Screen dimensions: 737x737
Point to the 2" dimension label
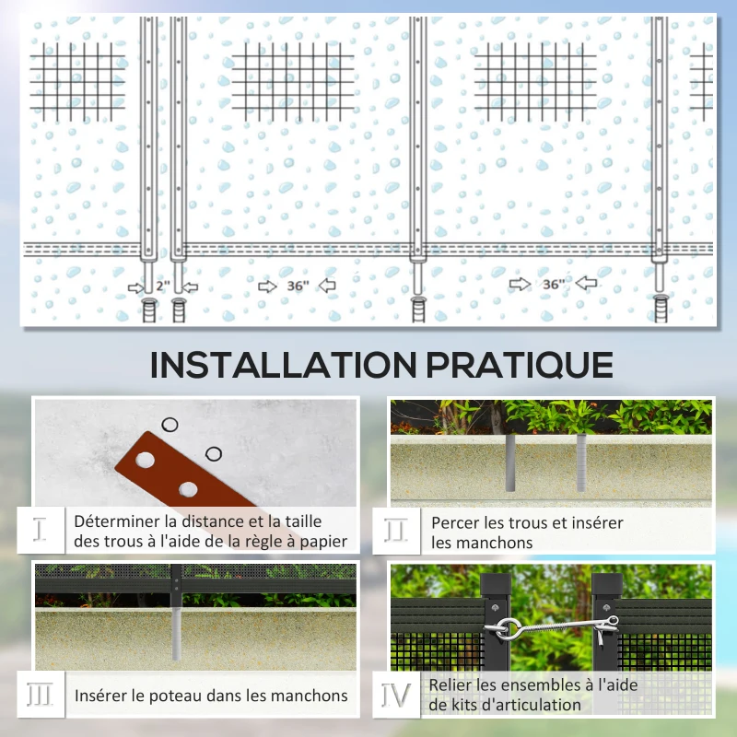click(163, 287)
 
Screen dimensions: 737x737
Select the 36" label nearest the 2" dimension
click(296, 287)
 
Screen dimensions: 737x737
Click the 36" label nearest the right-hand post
click(553, 285)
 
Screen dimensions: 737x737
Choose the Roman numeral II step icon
click(396, 531)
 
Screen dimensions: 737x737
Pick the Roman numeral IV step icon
click(396, 695)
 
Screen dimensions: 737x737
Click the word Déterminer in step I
click(114, 522)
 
